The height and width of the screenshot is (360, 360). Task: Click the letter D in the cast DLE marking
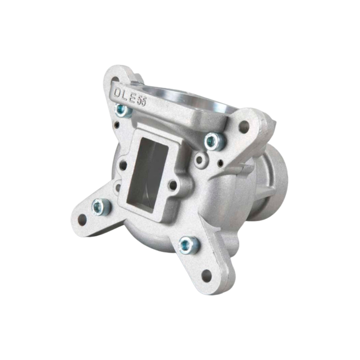(118, 92)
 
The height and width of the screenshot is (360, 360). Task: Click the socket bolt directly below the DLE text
(123, 110)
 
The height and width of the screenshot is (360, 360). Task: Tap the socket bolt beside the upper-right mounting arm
(214, 141)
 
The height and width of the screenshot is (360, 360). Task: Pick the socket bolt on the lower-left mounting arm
(100, 207)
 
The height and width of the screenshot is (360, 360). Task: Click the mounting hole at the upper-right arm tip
(244, 126)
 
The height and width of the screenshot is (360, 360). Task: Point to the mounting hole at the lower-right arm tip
(206, 276)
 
